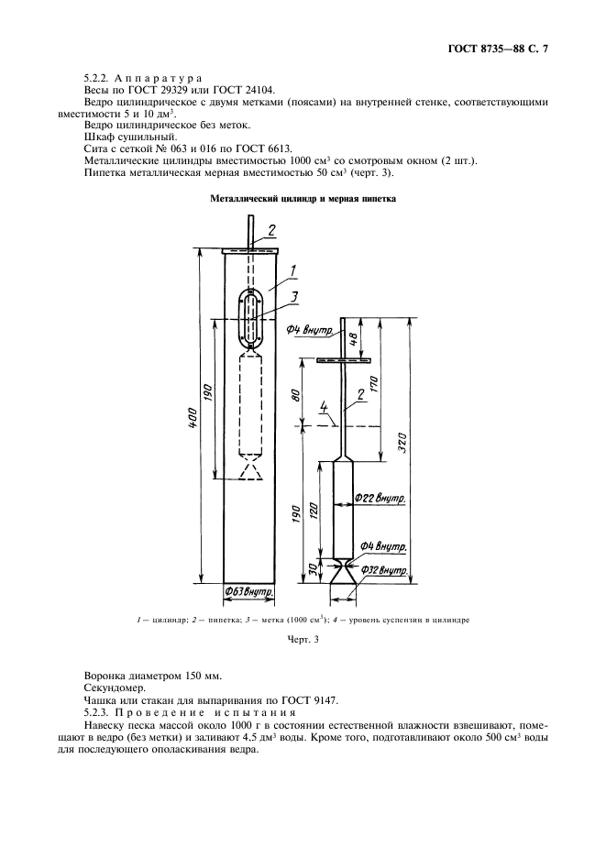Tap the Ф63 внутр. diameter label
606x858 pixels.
coord(250,593)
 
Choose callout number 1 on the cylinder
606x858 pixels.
coord(290,269)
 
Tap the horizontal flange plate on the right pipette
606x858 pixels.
coord(340,360)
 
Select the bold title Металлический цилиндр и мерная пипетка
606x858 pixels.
coord(302,198)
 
